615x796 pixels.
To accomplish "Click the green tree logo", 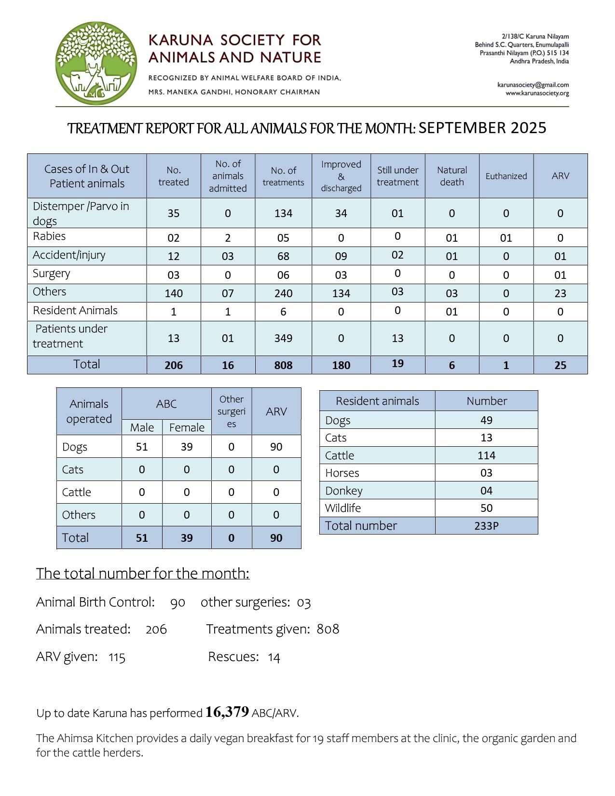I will (96, 63).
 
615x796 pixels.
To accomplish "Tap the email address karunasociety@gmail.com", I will (533, 85).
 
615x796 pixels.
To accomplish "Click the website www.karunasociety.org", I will (537, 93).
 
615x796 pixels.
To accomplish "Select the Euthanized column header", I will (506, 176).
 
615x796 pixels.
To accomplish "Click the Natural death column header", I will (451, 176).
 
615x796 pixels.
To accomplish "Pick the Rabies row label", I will (49, 236).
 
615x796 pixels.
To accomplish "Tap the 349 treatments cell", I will (283, 338).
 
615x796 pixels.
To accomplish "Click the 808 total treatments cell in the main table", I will (283, 365).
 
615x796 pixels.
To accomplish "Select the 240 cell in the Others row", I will (283, 293).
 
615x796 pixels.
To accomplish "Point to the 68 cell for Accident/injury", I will (283, 256).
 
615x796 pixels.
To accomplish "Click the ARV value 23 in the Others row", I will (560, 293).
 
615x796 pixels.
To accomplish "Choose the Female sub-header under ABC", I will (187, 427).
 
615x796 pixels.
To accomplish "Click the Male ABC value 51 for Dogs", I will (142, 447).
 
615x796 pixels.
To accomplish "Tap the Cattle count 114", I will (486, 455).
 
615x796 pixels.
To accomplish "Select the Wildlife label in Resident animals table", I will (343, 508).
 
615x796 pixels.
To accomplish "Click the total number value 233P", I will (486, 526).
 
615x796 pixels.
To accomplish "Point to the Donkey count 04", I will (486, 491).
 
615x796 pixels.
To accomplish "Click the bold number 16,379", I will (227, 712).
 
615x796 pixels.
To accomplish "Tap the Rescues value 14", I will (274, 657).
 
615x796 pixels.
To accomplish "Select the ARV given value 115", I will (117, 658).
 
